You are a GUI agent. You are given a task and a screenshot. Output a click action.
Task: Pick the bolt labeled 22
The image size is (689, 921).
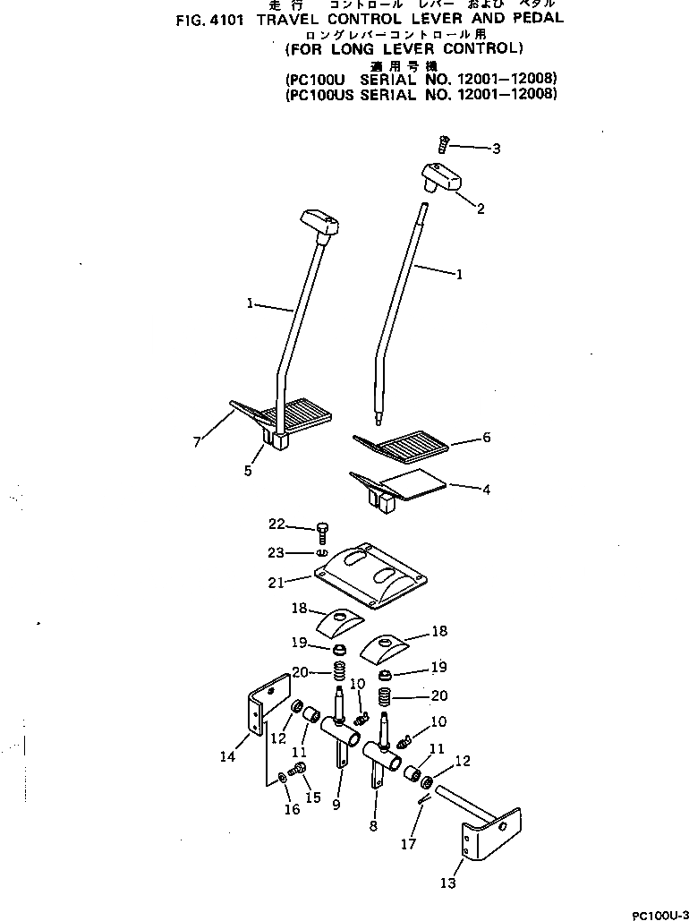(324, 535)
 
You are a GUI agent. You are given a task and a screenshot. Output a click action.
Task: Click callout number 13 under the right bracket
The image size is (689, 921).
(448, 883)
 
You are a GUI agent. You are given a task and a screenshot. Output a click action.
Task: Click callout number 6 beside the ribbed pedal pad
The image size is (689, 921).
(486, 438)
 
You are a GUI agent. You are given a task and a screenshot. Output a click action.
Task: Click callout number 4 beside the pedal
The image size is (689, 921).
(486, 490)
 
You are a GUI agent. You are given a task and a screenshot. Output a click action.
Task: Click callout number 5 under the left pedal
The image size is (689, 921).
(248, 470)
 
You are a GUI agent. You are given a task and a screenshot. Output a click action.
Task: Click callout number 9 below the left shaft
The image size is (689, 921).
(336, 805)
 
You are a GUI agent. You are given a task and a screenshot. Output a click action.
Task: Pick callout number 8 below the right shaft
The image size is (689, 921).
(373, 826)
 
